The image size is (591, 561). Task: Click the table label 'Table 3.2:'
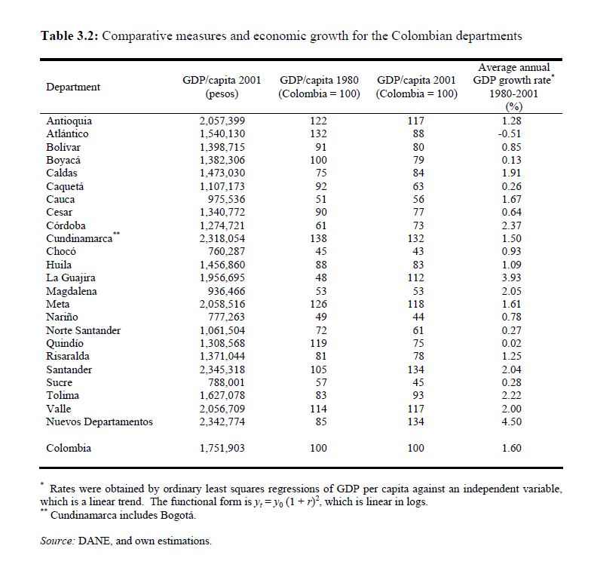[x=68, y=35]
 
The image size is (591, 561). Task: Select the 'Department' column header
[x=73, y=87]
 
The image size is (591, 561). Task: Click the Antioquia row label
[x=69, y=121]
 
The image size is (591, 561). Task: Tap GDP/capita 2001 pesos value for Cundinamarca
[x=222, y=238]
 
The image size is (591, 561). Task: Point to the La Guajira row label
[x=70, y=278]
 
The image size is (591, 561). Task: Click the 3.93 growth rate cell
[x=513, y=278]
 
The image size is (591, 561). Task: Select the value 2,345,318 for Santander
[x=222, y=369]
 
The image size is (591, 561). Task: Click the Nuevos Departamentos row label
[x=99, y=422]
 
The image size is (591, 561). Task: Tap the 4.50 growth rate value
[x=513, y=422]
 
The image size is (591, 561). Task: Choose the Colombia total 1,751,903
[x=222, y=448]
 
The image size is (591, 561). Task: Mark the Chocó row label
[x=61, y=251]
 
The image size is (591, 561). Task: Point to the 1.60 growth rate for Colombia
[x=513, y=448]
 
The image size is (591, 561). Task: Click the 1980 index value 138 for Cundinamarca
[x=319, y=238]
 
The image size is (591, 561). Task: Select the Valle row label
[x=58, y=409]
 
